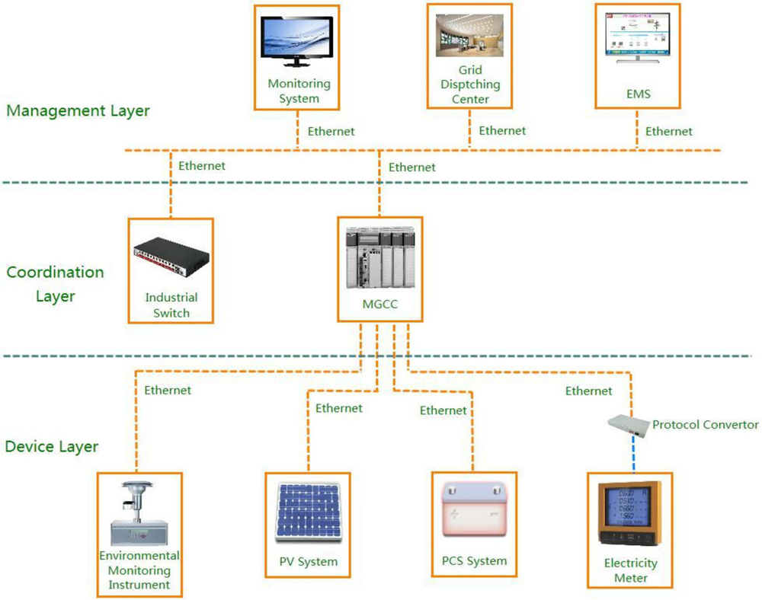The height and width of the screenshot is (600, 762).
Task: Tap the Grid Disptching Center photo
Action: [x=470, y=36]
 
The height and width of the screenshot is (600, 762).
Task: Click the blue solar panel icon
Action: [x=308, y=511]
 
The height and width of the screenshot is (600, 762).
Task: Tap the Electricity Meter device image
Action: [x=629, y=514]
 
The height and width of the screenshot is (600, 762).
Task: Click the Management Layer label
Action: [x=78, y=111]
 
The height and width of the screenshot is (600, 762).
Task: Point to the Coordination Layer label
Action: [x=55, y=284]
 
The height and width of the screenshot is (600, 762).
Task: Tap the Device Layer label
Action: [x=52, y=446]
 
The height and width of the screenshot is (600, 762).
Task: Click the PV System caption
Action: [x=308, y=563]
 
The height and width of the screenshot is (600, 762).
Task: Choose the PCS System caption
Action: [x=474, y=561]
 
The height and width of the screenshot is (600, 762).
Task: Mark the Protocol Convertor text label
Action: [x=706, y=425]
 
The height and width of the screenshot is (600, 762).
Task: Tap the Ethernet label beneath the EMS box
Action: [x=669, y=132]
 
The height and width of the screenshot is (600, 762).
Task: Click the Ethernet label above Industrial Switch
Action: [x=202, y=165]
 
